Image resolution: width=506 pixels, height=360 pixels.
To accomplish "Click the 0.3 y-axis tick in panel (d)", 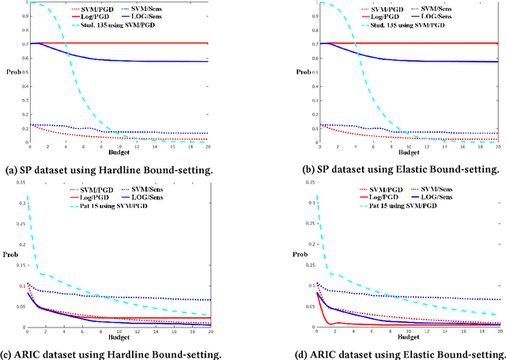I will [x=281, y=203].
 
